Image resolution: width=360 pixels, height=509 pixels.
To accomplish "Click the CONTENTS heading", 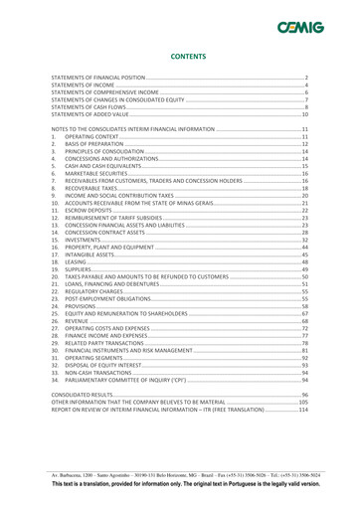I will [179, 59].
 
